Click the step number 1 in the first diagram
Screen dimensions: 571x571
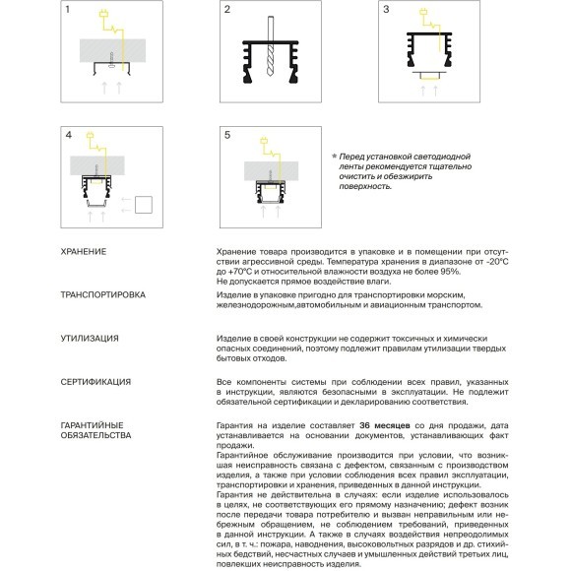point(67,9)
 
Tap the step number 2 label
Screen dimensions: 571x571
point(227,9)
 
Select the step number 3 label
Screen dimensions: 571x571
point(386,9)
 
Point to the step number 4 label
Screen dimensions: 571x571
point(69,135)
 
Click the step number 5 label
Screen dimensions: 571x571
point(227,135)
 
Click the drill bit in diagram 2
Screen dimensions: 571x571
point(270,46)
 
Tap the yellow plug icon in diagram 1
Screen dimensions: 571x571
point(103,14)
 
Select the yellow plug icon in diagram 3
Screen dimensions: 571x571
point(423,12)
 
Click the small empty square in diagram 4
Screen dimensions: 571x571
point(144,205)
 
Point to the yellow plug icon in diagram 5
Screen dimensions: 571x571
point(264,140)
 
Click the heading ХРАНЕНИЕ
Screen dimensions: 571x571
point(84,252)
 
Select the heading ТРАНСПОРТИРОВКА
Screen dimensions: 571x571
point(103,294)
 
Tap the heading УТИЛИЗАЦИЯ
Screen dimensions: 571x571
point(90,339)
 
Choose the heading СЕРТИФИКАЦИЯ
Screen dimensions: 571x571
point(95,382)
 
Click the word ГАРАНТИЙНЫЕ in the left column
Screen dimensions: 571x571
point(93,425)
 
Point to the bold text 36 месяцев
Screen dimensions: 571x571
point(385,425)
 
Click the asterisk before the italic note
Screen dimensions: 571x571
point(335,157)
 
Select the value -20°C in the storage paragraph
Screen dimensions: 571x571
point(497,262)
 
